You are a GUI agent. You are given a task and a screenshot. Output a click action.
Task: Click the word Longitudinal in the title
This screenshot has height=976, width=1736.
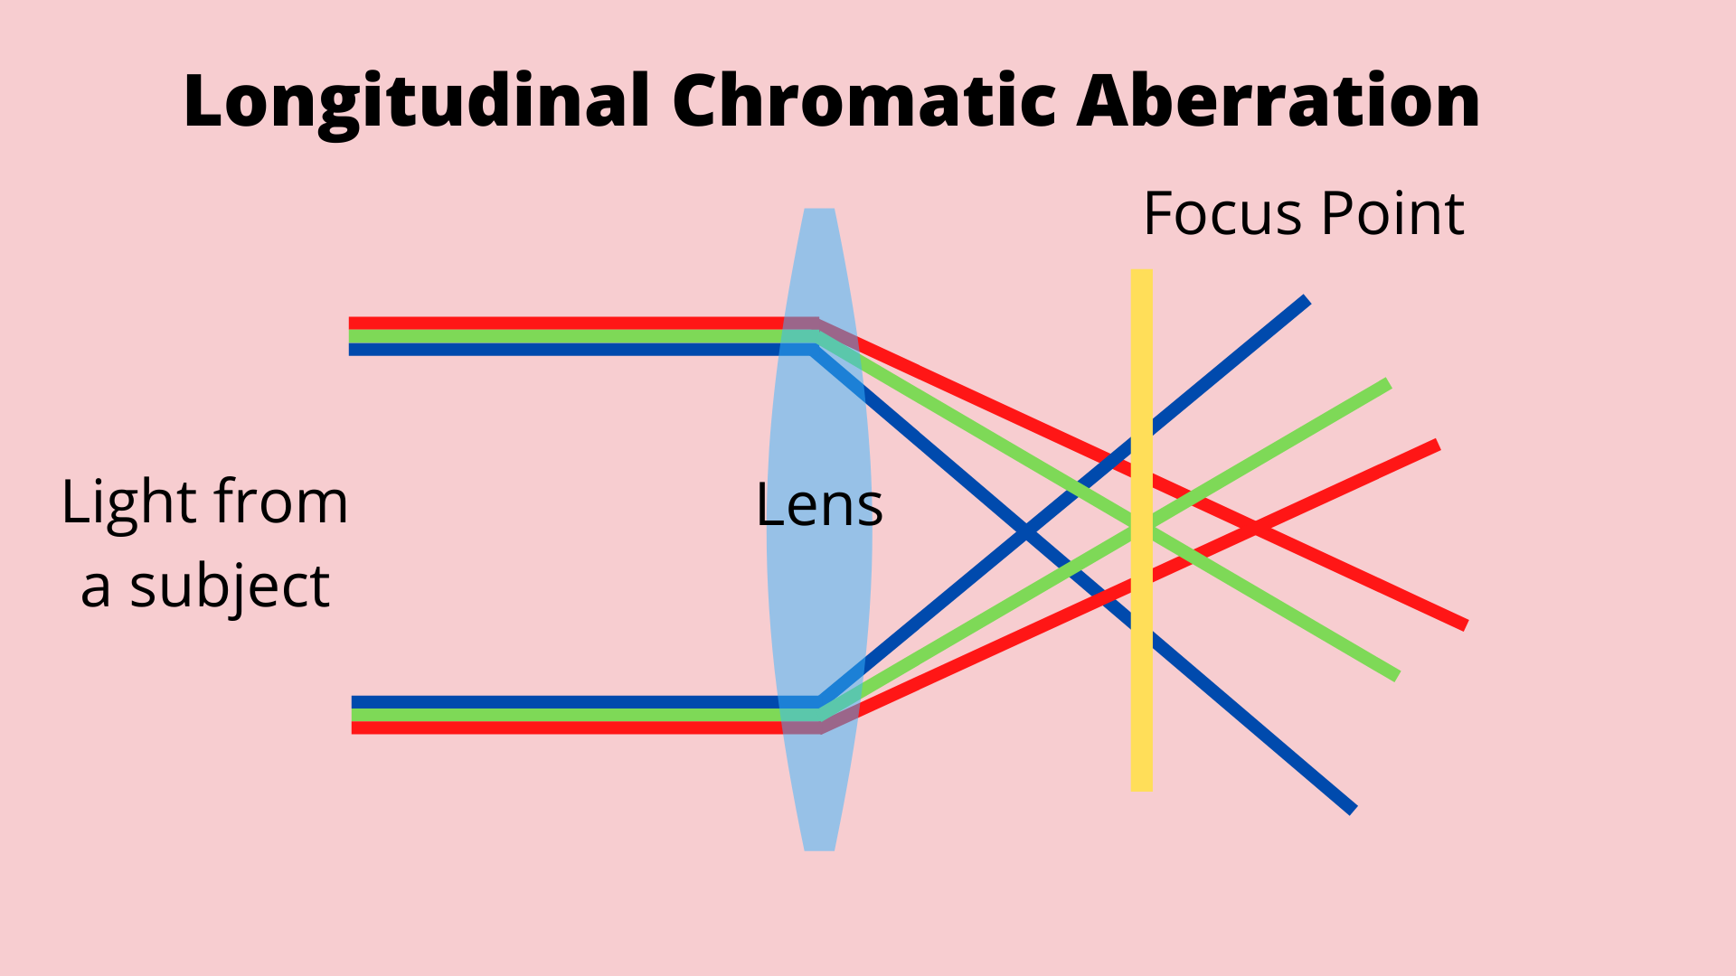pyautogui.click(x=417, y=102)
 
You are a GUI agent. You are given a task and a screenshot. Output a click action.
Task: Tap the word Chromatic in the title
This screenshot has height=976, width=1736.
pyautogui.click(x=864, y=100)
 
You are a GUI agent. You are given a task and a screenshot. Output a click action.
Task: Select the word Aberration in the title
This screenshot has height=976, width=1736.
pyautogui.click(x=1278, y=100)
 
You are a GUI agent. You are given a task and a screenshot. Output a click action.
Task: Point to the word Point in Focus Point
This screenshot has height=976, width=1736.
pyautogui.click(x=1393, y=214)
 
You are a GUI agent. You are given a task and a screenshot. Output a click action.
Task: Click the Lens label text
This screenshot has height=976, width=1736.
pyautogui.click(x=819, y=505)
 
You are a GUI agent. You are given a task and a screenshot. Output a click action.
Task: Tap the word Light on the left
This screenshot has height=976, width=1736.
pyautogui.click(x=128, y=502)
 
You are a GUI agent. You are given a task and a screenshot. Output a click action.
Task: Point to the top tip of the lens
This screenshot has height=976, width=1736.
pyautogui.click(x=819, y=212)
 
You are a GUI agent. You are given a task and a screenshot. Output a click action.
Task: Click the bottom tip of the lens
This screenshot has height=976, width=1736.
pyautogui.click(x=819, y=847)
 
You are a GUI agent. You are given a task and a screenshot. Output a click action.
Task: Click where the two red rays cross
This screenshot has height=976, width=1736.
pyautogui.click(x=1254, y=529)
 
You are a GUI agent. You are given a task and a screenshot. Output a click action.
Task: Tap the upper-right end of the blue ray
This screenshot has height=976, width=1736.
pyautogui.click(x=1306, y=299)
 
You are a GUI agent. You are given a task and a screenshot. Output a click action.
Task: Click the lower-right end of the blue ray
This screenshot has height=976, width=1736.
pyautogui.click(x=1353, y=810)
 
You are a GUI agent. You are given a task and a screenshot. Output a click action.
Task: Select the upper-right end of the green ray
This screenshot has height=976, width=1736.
pyautogui.click(x=1387, y=385)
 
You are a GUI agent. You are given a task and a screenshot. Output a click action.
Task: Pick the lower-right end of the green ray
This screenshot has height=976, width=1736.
pyautogui.click(x=1396, y=675)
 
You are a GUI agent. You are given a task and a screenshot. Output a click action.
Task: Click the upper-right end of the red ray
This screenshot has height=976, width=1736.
pyautogui.click(x=1436, y=445)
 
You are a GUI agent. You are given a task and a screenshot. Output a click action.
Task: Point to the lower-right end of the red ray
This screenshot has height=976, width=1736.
pyautogui.click(x=1464, y=624)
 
